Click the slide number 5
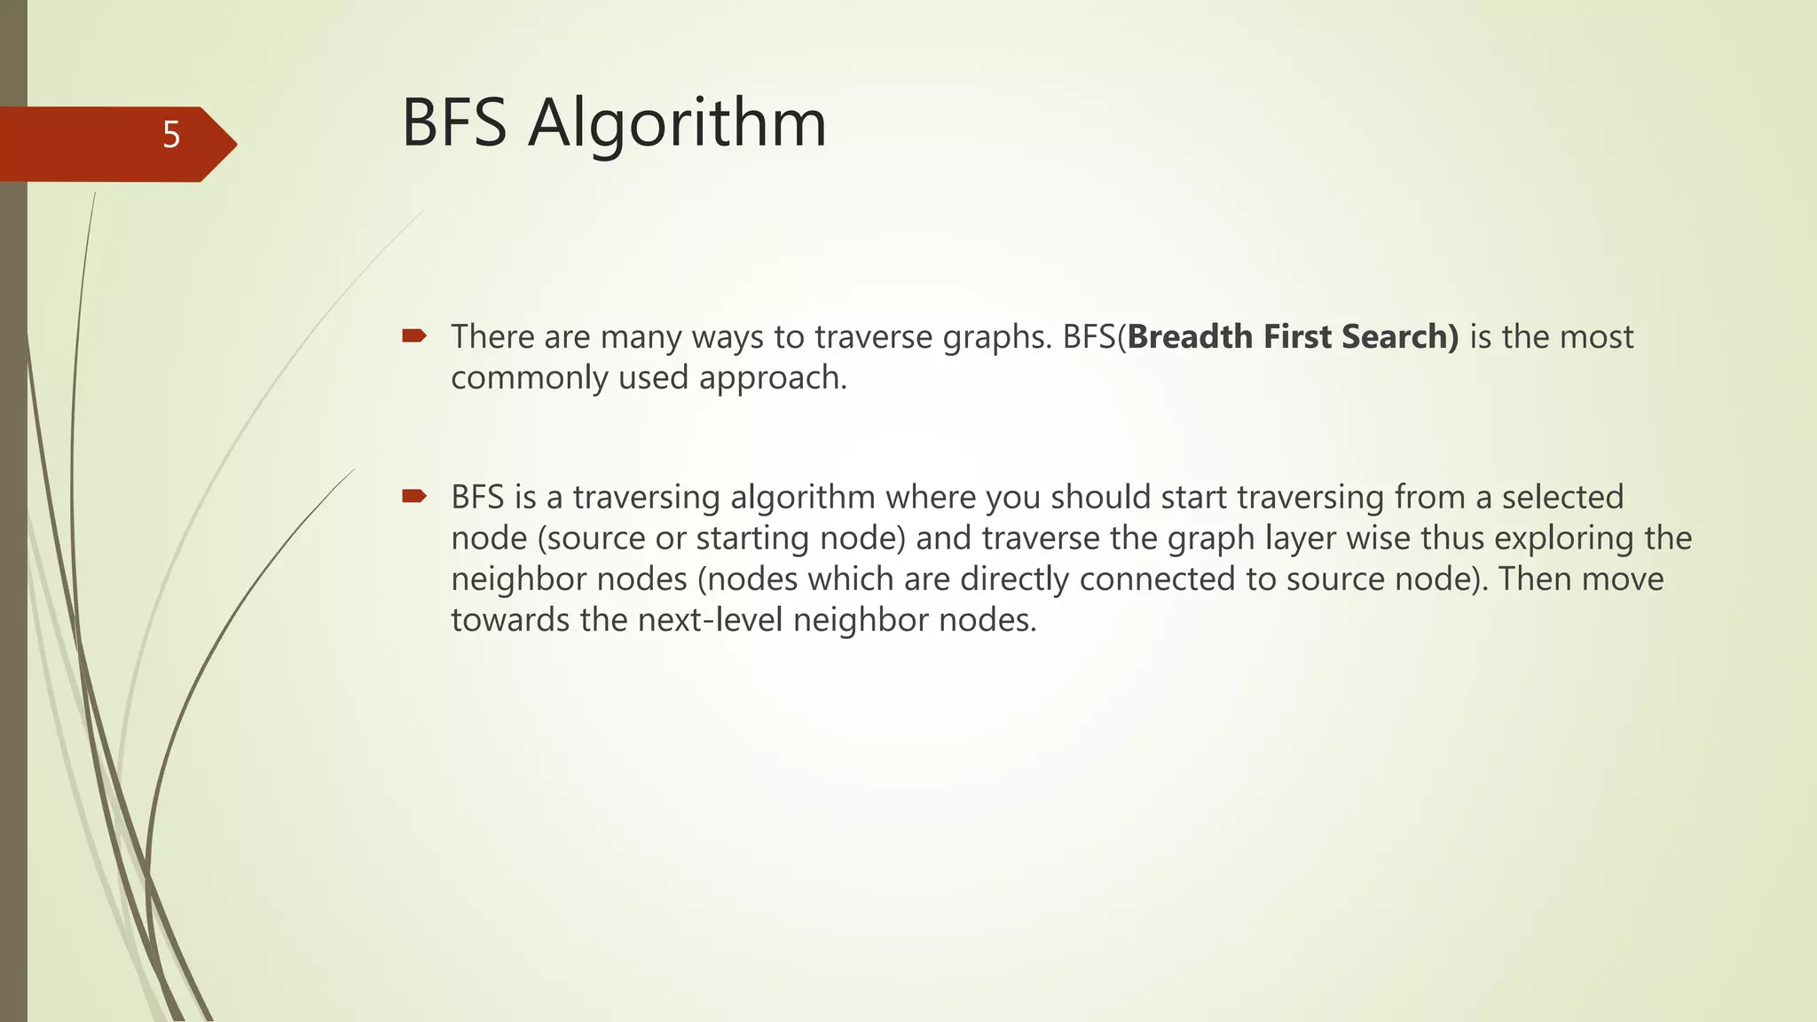[x=171, y=136]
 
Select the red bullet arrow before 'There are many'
[x=414, y=335]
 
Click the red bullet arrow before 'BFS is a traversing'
[x=414, y=496]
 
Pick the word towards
[x=510, y=620]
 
